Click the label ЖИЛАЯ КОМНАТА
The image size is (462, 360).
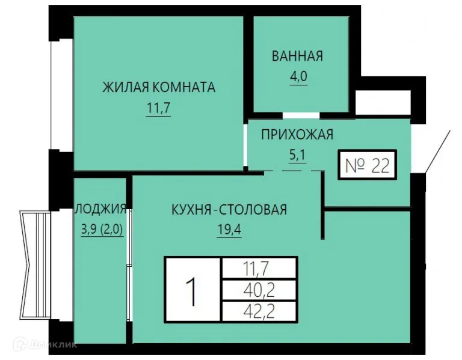tap(158, 88)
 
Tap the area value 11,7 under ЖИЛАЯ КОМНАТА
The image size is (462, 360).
tap(158, 111)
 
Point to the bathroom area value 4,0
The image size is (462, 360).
tap(297, 79)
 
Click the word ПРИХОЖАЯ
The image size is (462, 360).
tap(297, 135)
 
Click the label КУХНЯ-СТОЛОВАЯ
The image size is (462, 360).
tap(229, 210)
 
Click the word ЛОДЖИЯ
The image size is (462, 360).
tap(100, 209)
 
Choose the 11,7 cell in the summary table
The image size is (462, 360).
tap(259, 267)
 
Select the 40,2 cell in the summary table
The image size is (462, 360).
tap(259, 290)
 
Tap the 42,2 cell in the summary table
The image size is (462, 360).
tap(259, 311)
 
